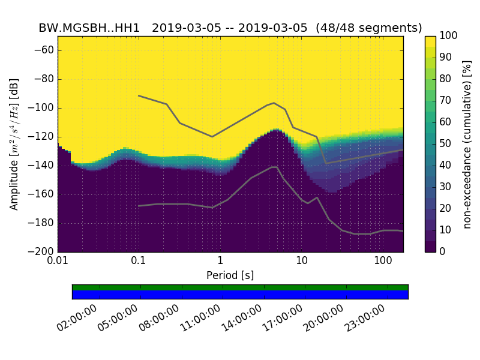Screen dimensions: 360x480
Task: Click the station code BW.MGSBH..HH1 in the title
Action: click(89, 28)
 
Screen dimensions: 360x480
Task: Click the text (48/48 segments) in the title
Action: click(367, 28)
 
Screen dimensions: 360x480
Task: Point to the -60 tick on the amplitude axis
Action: click(44, 50)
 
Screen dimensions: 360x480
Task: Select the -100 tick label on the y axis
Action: click(41, 108)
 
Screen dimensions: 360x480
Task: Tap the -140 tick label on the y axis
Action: click(41, 166)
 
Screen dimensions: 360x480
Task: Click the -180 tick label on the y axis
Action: click(41, 223)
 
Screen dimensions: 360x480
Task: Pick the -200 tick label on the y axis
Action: click(41, 251)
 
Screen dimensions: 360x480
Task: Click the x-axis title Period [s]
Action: click(230, 275)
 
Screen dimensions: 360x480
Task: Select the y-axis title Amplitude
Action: click(14, 144)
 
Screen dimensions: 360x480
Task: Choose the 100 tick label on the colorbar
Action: click(449, 36)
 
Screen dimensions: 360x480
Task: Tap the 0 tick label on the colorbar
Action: click(443, 251)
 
